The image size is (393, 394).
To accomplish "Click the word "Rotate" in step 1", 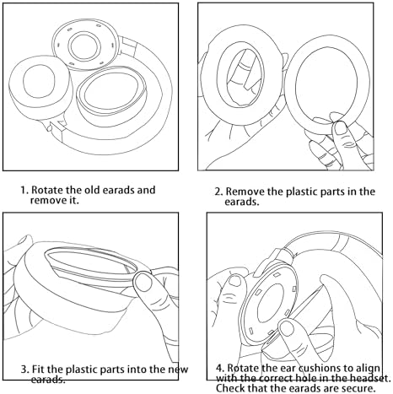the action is [x=47, y=190].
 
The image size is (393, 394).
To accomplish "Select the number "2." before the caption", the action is [x=219, y=192].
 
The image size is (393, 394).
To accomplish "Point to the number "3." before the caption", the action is [x=24, y=369].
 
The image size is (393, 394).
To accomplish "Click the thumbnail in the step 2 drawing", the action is [x=341, y=128].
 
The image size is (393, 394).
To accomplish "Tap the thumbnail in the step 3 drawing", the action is [x=143, y=282].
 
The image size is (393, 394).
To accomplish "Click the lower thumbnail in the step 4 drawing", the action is [x=287, y=329].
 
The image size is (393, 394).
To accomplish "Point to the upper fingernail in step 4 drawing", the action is [x=235, y=281].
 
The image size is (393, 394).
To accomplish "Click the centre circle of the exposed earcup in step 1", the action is [x=84, y=46].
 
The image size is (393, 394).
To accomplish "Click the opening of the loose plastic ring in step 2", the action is [x=326, y=83].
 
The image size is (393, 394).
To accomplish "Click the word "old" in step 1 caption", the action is [x=93, y=190].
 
